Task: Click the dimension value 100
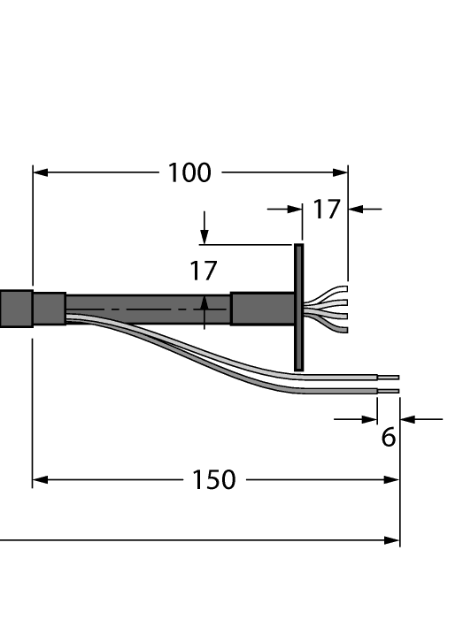(189, 172)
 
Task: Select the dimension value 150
(214, 480)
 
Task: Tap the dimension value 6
(389, 438)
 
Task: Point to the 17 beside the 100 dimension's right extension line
(326, 210)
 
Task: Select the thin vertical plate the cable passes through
(298, 307)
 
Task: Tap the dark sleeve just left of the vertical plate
(262, 308)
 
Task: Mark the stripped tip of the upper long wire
(389, 377)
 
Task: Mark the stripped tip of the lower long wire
(389, 390)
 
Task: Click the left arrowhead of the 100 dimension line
(41, 172)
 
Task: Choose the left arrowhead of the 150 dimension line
(41, 480)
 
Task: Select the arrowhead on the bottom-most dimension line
(392, 540)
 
